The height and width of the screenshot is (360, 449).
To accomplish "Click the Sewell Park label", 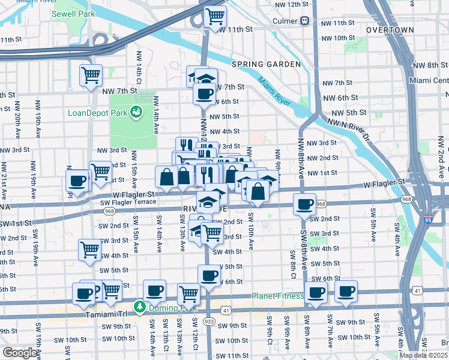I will (x=73, y=13).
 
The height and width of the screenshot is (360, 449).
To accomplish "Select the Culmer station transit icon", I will (x=305, y=21).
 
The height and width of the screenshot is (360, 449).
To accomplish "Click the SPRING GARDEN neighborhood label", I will (x=266, y=64).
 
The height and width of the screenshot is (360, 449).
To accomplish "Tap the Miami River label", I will (x=274, y=89).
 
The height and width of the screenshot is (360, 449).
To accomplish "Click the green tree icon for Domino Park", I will (x=140, y=307).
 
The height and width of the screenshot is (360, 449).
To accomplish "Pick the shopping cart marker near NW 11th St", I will (x=214, y=16).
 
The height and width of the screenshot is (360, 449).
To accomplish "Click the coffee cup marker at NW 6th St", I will (x=204, y=94).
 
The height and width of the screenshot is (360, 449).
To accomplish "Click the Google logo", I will (x=20, y=353).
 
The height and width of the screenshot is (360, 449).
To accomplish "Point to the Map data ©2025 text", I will (x=423, y=355).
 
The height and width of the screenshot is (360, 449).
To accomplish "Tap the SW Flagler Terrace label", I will (x=128, y=202).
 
